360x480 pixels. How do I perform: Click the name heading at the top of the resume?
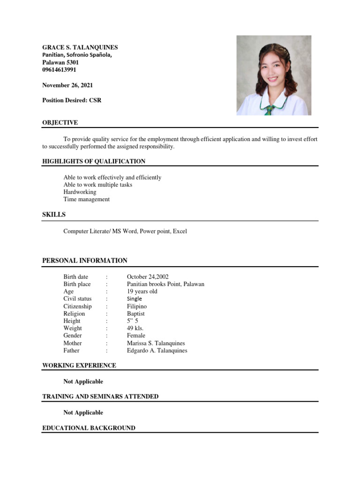coord(80,47)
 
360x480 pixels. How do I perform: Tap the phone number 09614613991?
coord(59,70)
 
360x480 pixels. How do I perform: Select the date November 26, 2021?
coord(67,85)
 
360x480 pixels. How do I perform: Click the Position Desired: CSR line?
coord(72,100)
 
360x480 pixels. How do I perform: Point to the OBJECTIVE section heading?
coord(60,123)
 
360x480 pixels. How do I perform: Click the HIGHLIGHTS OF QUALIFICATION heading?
coord(94,161)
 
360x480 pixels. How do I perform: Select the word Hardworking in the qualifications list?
coord(80,192)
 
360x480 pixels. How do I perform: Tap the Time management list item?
coord(86,199)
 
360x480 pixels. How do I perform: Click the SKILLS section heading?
coord(54,215)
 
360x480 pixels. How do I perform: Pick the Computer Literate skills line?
coord(125,231)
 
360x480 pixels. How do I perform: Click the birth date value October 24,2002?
coord(148,277)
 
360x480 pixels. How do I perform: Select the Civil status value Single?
coord(134,299)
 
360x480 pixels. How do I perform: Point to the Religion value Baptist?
coord(135,314)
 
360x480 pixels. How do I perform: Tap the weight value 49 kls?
coord(135,328)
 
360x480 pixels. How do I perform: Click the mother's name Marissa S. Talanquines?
coord(156,343)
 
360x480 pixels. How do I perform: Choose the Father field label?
coord(71,350)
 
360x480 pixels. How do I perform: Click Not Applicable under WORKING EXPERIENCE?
coord(83,382)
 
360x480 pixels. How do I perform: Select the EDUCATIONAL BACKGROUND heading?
coord(89,428)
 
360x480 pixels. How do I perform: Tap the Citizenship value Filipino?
coord(136,306)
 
